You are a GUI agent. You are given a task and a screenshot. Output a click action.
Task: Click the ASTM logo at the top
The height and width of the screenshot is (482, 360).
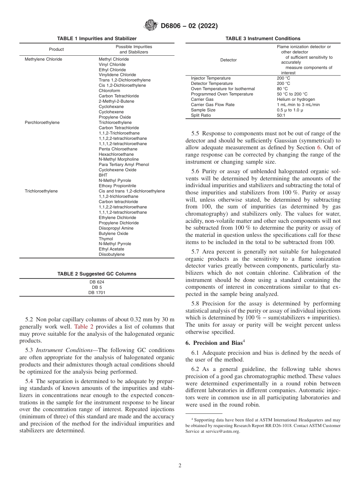tap(151, 26)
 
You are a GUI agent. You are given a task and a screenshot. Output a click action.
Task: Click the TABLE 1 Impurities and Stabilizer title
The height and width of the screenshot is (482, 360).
tap(97, 39)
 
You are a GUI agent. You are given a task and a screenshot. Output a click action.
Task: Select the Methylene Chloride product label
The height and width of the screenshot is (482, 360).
tap(43, 59)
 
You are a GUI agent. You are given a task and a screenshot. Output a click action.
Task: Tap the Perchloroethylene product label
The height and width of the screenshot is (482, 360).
tap(42, 122)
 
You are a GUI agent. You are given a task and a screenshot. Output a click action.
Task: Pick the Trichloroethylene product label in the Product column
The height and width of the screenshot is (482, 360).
tap(41, 191)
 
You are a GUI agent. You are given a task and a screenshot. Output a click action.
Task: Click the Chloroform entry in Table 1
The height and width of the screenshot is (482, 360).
tap(109, 91)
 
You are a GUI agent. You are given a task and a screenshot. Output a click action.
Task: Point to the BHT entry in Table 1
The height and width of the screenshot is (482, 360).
tap(103, 175)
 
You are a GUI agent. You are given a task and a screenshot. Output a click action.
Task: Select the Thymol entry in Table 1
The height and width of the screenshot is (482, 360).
tap(106, 239)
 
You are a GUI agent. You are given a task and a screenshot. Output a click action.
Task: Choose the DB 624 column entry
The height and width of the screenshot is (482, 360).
tap(97, 282)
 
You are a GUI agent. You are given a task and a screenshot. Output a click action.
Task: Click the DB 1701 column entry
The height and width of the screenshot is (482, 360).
tap(97, 293)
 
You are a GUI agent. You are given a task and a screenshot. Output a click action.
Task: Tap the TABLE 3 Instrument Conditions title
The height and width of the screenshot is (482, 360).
tap(263, 39)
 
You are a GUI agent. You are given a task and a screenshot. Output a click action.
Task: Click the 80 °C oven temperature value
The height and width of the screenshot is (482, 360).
tap(282, 89)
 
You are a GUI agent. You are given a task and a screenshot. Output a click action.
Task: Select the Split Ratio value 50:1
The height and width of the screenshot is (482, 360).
tap(281, 115)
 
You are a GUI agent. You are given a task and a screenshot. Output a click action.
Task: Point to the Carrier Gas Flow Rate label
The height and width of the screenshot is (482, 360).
tap(213, 105)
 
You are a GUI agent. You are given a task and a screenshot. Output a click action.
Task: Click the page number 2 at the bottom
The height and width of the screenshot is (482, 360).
tap(180, 466)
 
